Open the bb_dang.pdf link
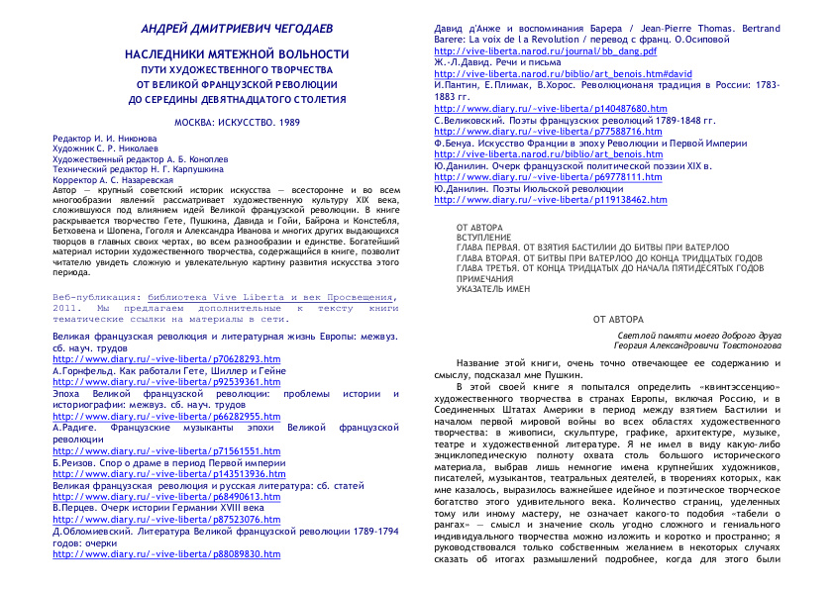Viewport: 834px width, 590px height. pos(545,49)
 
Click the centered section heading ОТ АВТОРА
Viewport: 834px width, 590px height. pos(618,320)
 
